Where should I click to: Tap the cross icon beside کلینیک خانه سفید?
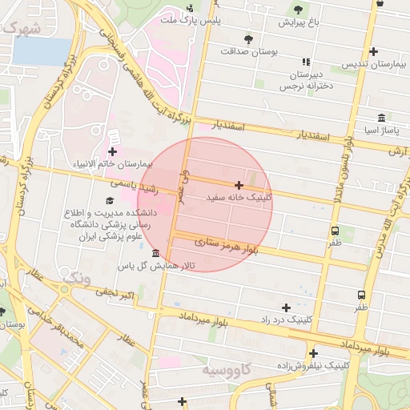(239, 185)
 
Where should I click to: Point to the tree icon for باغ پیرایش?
(298, 10)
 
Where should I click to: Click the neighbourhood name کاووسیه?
(227, 371)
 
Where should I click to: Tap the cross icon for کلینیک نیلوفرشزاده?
(313, 353)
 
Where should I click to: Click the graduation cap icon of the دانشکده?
(109, 201)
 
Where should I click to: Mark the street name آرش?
(398, 151)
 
